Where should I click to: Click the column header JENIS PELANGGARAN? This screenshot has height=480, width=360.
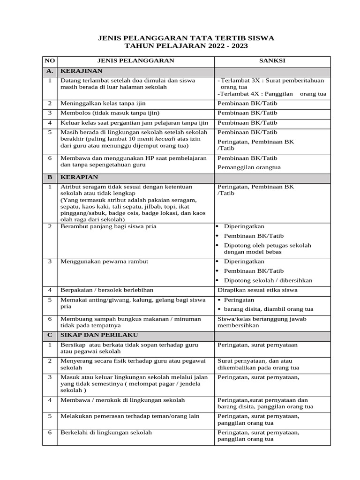pos(135,61)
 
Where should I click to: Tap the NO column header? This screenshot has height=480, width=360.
pos(50,61)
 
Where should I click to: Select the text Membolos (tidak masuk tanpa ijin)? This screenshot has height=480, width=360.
pos(110,113)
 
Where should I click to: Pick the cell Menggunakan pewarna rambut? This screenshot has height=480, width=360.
pos(104,261)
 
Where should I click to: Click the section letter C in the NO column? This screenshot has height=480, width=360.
pos(50,335)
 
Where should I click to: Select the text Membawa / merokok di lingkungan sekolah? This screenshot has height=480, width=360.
pos(122,400)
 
